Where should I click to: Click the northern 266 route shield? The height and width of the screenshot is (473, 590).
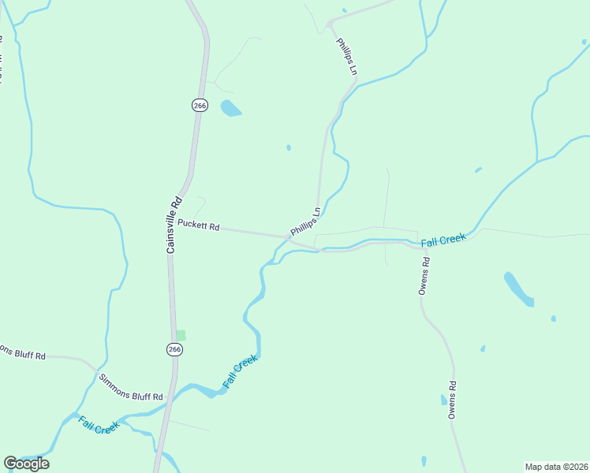click(200, 105)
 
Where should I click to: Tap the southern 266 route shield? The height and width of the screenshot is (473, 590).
click(174, 349)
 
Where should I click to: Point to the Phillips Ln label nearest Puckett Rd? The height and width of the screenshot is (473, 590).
click(306, 222)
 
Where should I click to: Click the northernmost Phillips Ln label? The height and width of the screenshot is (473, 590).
click(347, 57)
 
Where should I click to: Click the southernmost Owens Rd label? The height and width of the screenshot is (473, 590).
click(453, 400)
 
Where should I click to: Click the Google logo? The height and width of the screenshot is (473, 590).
click(26, 463)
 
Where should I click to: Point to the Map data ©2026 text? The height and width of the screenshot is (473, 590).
click(556, 467)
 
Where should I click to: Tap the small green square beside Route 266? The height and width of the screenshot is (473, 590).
click(181, 335)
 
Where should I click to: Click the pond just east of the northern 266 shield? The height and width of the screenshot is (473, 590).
click(230, 108)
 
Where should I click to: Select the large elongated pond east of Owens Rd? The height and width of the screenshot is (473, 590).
click(517, 289)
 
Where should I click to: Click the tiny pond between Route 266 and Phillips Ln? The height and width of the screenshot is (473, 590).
click(289, 147)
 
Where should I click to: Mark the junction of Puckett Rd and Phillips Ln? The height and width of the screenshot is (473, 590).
click(289, 236)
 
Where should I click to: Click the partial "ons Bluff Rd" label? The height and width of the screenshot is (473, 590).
click(23, 353)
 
